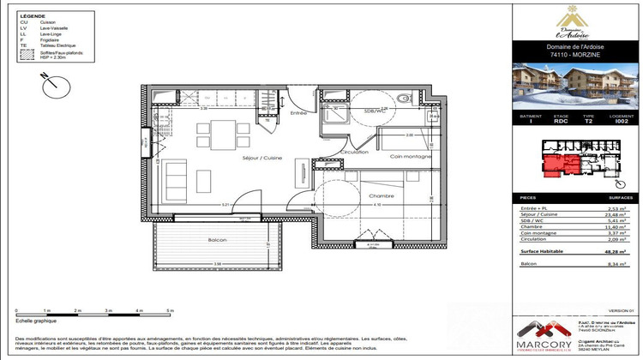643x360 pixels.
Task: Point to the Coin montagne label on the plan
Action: [410, 155]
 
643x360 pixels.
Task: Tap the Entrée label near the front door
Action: [298, 112]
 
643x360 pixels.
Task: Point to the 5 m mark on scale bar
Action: [170, 309]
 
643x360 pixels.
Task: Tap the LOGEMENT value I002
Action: [623, 122]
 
